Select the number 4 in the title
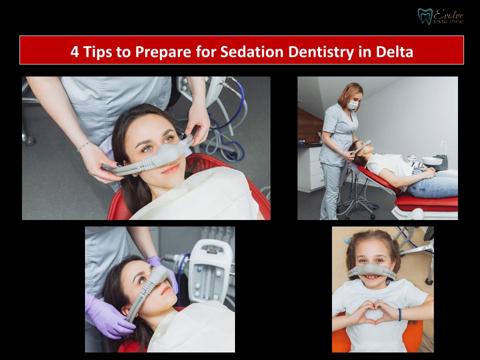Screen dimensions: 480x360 pyautogui.click(x=74, y=51)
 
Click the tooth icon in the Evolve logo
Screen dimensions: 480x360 pyautogui.click(x=425, y=16)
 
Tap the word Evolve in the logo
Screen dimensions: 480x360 pyautogui.click(x=448, y=14)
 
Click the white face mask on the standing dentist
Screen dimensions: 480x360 pyautogui.click(x=353, y=105)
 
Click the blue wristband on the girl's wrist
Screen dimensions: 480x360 pyautogui.click(x=399, y=314)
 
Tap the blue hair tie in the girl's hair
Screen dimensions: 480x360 pyautogui.click(x=347, y=240)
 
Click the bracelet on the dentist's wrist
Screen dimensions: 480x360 pyautogui.click(x=84, y=146)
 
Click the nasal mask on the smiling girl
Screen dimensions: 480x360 pyautogui.click(x=372, y=271)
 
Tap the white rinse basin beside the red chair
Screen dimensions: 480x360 pyautogui.click(x=432, y=160)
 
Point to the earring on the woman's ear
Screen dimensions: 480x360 pyautogui.click(x=134, y=175)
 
